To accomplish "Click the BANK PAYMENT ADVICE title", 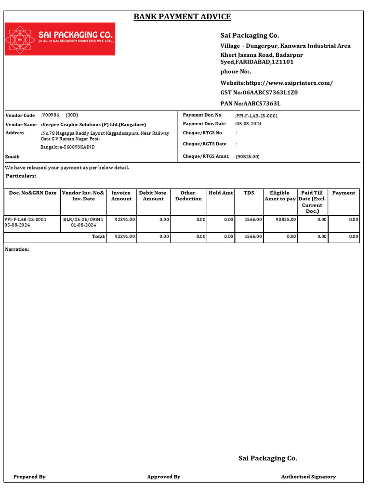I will (182, 17).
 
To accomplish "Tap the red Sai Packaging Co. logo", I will (60, 39).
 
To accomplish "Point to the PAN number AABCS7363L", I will (262, 104).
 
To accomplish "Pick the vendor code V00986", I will (51, 115).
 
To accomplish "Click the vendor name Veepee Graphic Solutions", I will (94, 124).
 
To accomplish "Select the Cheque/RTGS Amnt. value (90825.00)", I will (248, 156).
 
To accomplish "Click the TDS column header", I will (249, 193).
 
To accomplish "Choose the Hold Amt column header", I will (221, 193).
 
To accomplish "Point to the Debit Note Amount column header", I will (153, 196).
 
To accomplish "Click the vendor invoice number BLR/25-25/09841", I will (83, 219).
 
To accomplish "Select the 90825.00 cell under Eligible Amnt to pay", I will (286, 219).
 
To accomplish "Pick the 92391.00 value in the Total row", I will (125, 236).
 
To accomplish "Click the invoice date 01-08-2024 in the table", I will (83, 225).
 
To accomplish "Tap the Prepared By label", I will (29, 477).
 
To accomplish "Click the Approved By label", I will (163, 477).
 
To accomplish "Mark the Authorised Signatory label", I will (308, 477).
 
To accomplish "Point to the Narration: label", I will (17, 249).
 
